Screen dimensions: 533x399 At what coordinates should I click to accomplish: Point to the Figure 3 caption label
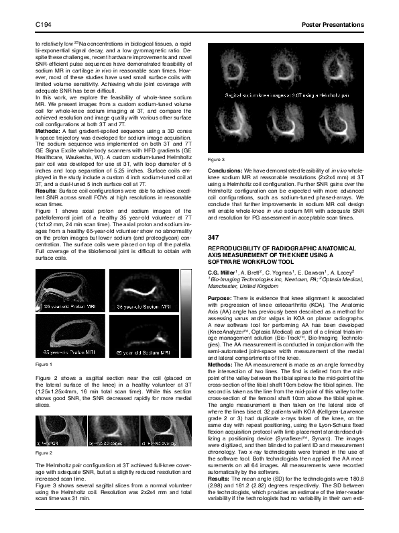tap(217, 159)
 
